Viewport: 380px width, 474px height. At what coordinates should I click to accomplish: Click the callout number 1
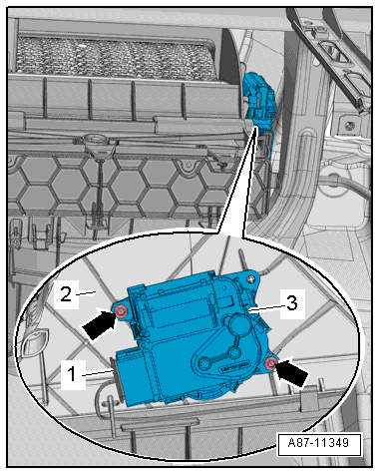[72, 374]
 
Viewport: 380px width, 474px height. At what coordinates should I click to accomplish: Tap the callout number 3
[292, 303]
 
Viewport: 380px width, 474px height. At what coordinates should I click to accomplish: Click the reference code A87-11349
[318, 443]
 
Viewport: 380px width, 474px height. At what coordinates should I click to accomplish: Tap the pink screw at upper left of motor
[121, 312]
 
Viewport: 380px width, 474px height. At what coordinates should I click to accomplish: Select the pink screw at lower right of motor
[271, 364]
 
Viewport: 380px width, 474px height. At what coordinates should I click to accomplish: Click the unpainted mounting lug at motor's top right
[251, 277]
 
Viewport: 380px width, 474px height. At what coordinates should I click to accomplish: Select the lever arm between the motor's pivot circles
[220, 357]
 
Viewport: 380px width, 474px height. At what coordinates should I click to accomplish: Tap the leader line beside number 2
[86, 292]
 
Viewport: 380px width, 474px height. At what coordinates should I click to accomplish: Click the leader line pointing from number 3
[266, 309]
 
